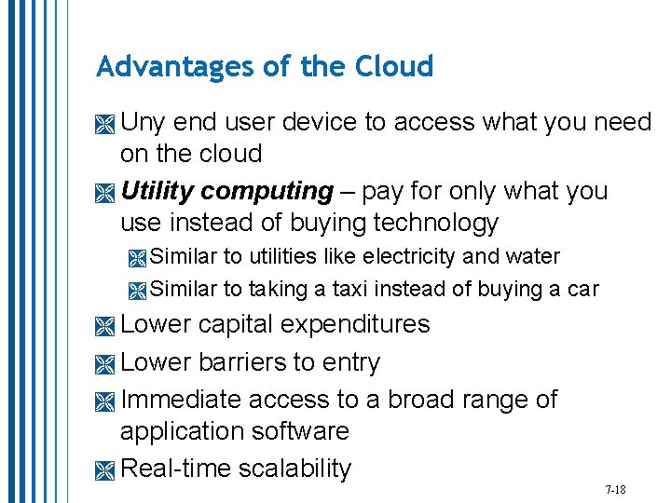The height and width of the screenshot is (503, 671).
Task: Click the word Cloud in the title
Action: [395, 66]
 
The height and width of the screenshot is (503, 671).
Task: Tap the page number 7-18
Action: [615, 489]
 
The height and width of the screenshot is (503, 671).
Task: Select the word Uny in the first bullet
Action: [144, 122]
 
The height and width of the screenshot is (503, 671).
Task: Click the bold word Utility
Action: [157, 192]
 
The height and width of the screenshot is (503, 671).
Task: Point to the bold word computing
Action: [267, 192]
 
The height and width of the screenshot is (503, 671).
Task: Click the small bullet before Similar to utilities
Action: [138, 258]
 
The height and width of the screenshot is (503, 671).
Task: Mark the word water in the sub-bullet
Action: [533, 256]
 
